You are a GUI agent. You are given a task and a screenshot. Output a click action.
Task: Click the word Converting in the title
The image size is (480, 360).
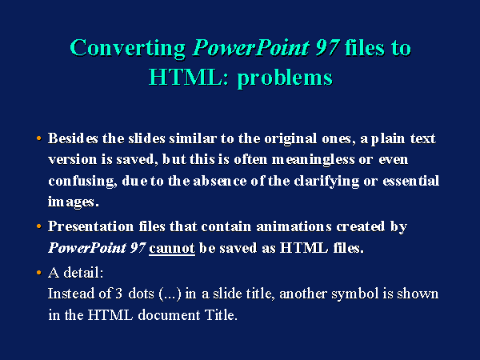[128, 48]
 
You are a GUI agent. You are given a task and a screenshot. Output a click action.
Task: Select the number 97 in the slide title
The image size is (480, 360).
[327, 47]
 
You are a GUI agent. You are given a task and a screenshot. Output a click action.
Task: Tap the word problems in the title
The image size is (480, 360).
[285, 78]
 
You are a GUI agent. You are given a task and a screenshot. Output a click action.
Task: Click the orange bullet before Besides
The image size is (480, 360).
[38, 138]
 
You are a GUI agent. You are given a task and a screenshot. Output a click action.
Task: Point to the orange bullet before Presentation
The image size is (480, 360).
[38, 226]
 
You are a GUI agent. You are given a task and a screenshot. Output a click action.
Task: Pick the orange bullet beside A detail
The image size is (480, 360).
[38, 273]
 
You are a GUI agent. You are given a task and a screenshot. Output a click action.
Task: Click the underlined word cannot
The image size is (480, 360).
[172, 248]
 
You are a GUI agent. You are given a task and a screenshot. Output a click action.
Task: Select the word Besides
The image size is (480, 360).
[73, 138]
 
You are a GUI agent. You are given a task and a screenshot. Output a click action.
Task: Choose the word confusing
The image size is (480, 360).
[82, 182]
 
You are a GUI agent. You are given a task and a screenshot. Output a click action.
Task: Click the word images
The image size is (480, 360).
[74, 202]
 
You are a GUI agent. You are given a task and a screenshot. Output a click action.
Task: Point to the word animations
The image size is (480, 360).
[294, 226]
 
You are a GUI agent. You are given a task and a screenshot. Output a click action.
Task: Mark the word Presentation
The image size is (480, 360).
[90, 226]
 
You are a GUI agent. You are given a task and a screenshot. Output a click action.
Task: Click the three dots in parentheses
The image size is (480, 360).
[170, 294]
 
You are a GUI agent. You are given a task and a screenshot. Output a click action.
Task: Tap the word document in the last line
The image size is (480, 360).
[169, 314]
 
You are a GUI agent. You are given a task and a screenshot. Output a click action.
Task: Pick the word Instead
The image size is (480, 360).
[71, 294]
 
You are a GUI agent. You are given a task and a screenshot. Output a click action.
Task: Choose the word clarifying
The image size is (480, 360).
[326, 182]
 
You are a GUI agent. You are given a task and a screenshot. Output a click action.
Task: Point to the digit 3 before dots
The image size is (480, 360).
[118, 294]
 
